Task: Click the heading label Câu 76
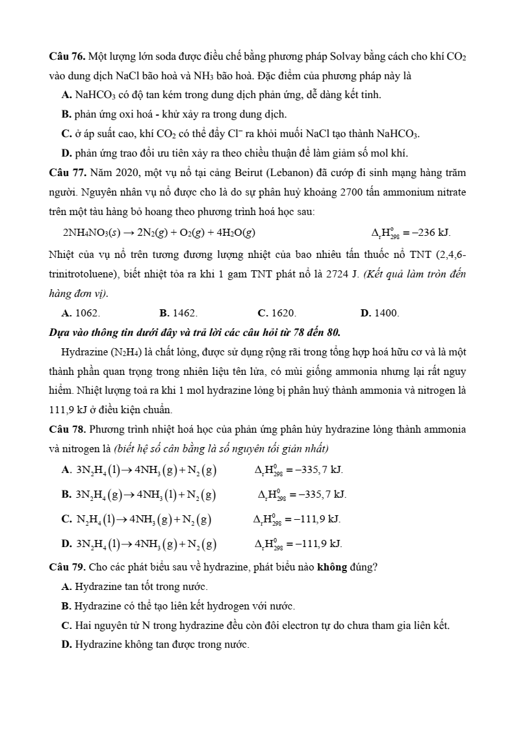tap(67, 57)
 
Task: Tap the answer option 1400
tap(386, 313)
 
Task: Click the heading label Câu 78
tap(67, 430)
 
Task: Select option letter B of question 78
tap(66, 494)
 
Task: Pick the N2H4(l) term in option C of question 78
tap(99, 519)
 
